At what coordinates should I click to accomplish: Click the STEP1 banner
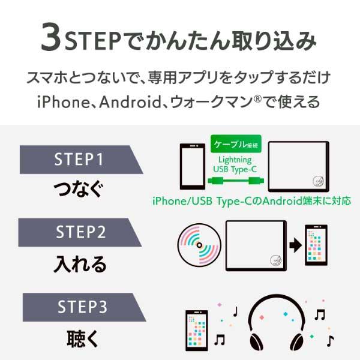click(x=78, y=160)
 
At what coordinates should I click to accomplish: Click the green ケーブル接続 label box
click(x=235, y=144)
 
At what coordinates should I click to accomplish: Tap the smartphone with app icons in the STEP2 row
click(x=315, y=246)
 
